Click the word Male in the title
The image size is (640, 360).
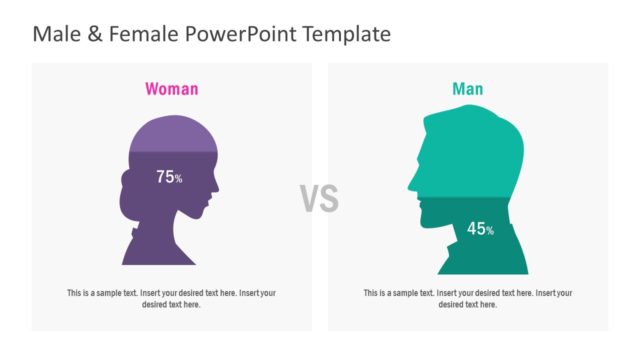click(55, 34)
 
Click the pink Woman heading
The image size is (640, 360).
click(172, 89)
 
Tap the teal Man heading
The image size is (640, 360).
click(467, 89)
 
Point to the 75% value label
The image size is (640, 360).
click(169, 177)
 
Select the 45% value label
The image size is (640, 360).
click(481, 229)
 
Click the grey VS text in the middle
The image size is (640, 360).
click(320, 199)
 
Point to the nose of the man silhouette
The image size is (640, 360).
click(409, 183)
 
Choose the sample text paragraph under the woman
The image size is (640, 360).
click(172, 298)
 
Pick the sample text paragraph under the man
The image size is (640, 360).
click(468, 298)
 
